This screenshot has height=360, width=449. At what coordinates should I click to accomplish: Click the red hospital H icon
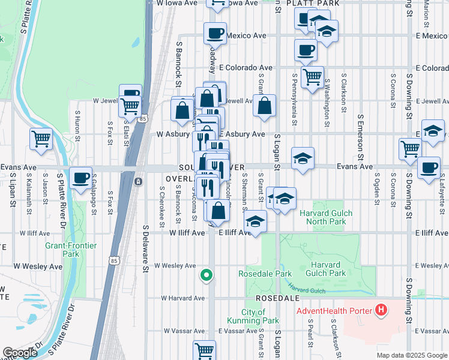(380, 310)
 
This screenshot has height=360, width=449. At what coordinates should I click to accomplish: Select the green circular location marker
(206, 275)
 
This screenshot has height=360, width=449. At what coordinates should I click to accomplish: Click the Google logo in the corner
(20, 353)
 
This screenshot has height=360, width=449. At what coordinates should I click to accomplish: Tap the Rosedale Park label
(265, 274)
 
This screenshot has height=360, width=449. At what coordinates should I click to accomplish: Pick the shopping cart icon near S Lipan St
(41, 139)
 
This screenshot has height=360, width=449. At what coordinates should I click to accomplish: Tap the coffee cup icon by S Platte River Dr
(80, 178)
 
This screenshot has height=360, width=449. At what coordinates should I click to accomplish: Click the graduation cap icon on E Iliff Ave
(256, 222)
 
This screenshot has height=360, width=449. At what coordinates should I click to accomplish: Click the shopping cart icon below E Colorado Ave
(312, 77)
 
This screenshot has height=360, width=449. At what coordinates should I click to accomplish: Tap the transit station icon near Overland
(139, 181)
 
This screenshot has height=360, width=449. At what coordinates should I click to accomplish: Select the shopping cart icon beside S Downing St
(410, 147)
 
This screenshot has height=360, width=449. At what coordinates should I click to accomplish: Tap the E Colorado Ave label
(246, 68)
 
